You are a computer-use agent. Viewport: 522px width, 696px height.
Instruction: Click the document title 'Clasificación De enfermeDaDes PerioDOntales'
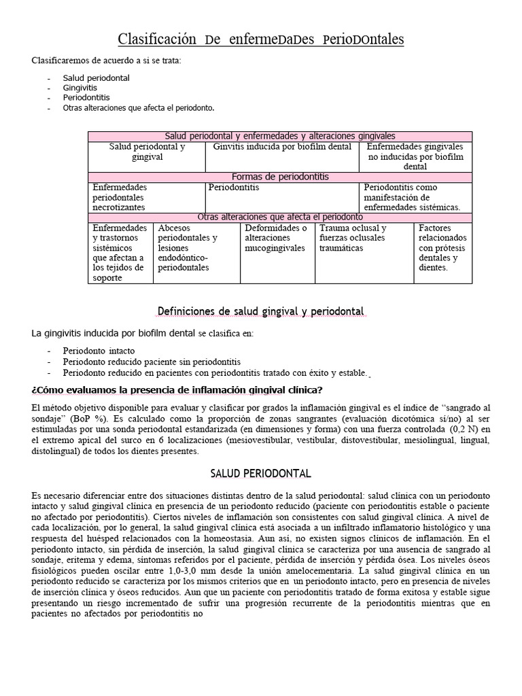click(x=261, y=40)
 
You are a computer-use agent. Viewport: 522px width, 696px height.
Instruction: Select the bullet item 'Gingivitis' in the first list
click(x=80, y=88)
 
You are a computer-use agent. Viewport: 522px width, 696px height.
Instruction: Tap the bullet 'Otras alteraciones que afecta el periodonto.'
click(x=139, y=108)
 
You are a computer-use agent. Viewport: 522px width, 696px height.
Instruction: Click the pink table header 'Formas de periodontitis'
click(x=280, y=177)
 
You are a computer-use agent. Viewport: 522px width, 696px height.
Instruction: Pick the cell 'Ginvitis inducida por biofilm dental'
click(x=282, y=147)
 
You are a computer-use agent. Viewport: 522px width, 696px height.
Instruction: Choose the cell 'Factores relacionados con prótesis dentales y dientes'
click(x=442, y=247)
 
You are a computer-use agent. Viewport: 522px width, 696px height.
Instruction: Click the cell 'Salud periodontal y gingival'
click(x=147, y=152)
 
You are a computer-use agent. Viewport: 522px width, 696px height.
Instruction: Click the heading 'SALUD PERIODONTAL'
click(x=261, y=473)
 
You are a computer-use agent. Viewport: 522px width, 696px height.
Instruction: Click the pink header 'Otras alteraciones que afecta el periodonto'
click(x=280, y=217)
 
